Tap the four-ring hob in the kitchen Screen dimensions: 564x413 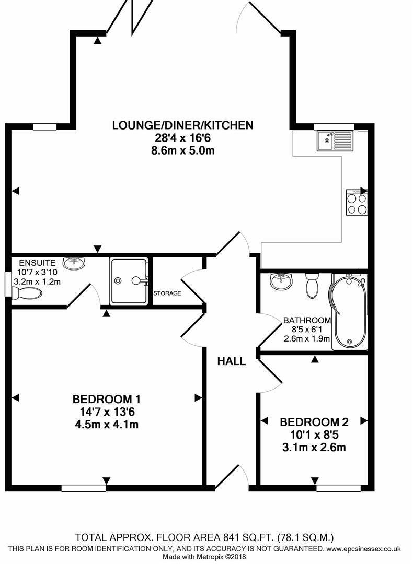[357, 203]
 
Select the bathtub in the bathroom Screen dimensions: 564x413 [348, 312]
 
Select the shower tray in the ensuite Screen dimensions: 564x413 [129, 280]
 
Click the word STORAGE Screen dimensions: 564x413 [167, 293]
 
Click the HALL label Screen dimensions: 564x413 [232, 361]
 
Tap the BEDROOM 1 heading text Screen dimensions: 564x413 [106, 399]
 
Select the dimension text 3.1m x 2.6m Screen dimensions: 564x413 [314, 448]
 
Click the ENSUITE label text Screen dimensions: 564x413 [35, 262]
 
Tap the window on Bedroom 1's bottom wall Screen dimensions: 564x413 [83, 488]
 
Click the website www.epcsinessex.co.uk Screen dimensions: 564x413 [363, 548]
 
